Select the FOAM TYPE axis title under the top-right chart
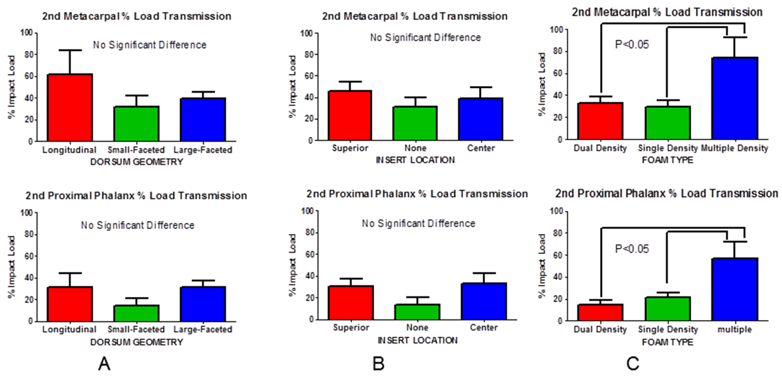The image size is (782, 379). (x=667, y=159)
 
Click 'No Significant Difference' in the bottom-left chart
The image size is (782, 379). (x=138, y=225)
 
